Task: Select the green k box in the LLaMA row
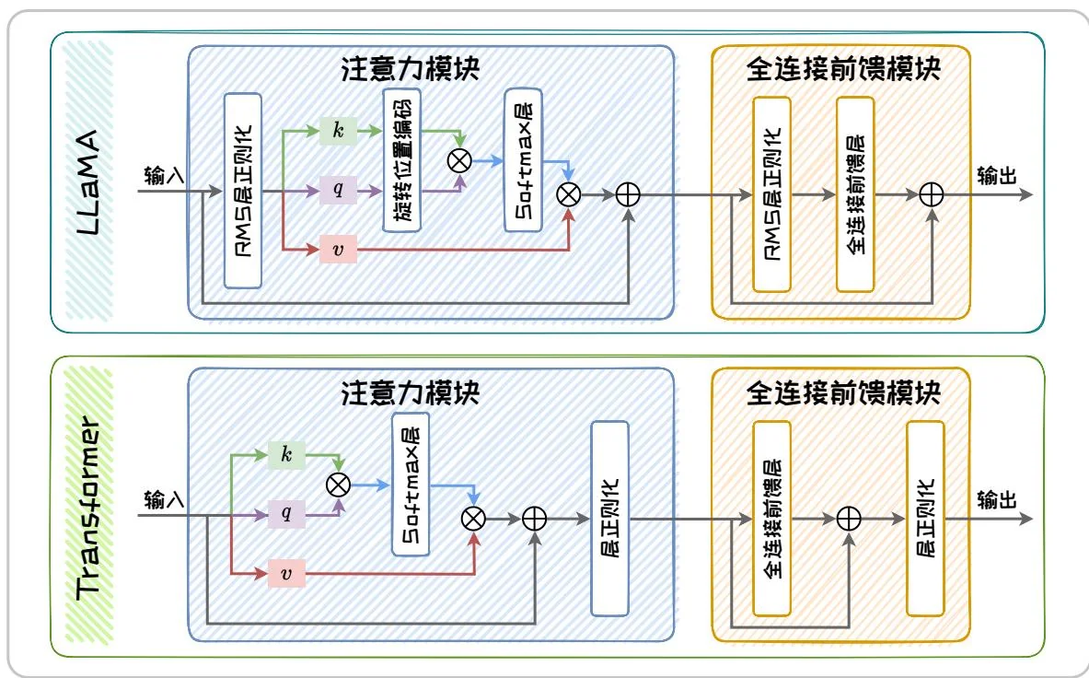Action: click(338, 132)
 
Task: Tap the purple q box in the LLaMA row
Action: click(338, 191)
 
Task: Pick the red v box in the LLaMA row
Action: click(338, 249)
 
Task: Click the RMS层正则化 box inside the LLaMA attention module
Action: click(244, 190)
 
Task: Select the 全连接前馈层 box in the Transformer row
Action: click(771, 518)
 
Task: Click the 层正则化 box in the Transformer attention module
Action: click(609, 518)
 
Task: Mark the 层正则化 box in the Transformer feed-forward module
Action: click(926, 518)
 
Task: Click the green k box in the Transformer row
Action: click(285, 454)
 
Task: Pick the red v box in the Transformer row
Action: click(285, 573)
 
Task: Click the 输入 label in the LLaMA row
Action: click(165, 175)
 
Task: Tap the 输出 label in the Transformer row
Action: click(997, 498)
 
